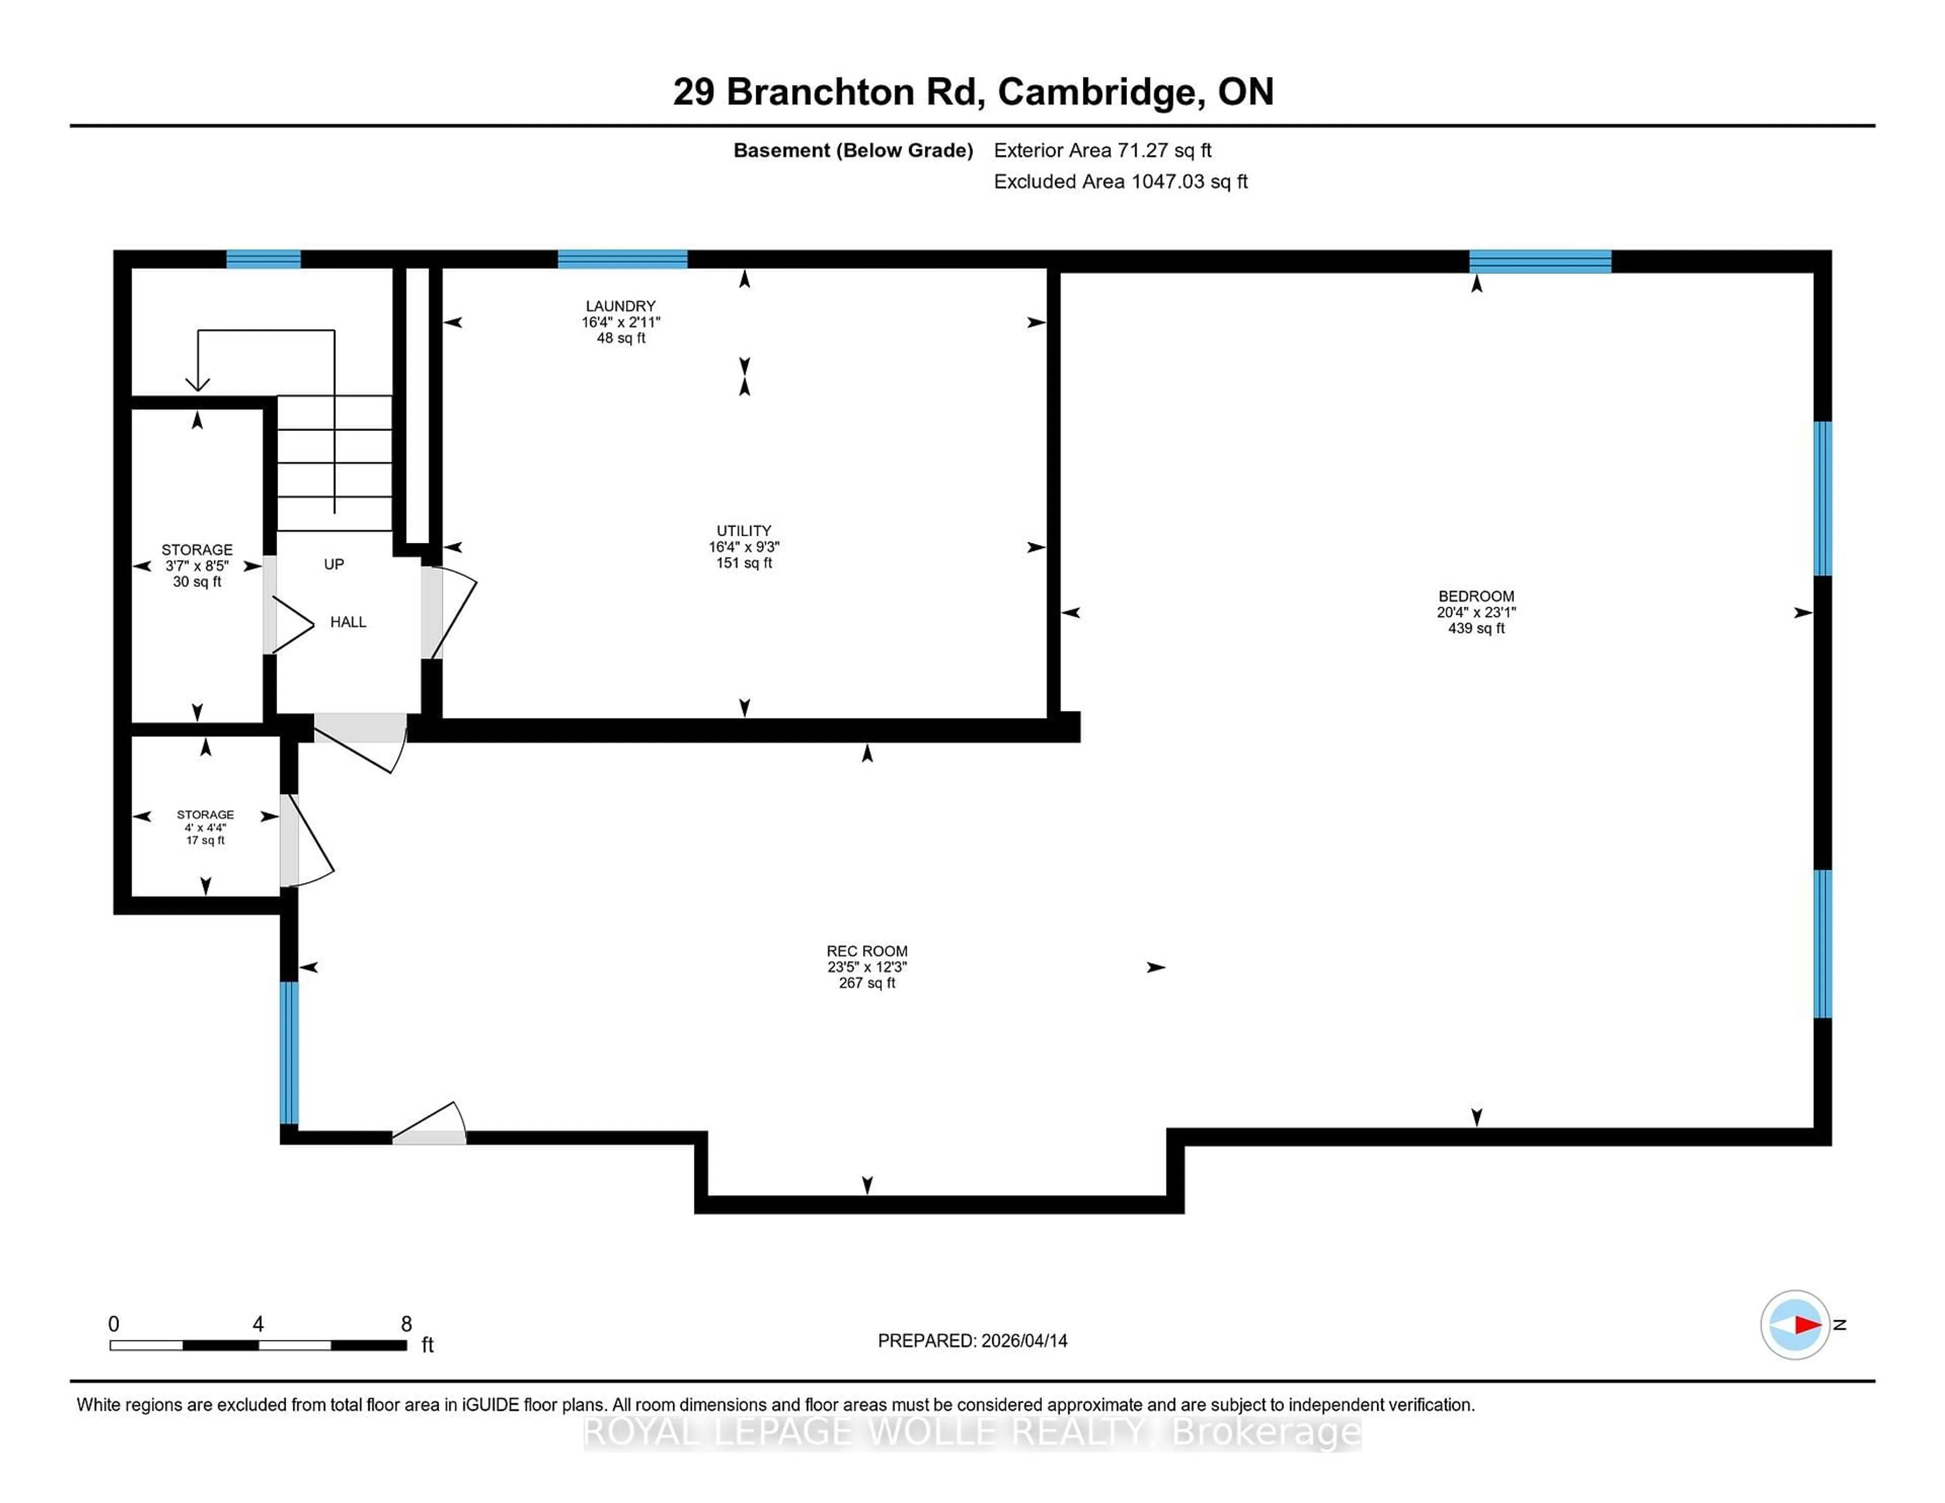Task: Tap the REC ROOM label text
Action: [x=867, y=951]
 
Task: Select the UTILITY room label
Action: [x=744, y=531]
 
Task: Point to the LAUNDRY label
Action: [x=620, y=305]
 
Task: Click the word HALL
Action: [x=348, y=621]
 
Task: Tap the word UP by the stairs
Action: [x=334, y=564]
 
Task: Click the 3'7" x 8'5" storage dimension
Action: [x=197, y=566]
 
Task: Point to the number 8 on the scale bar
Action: [x=406, y=1324]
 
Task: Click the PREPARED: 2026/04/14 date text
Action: [x=972, y=1340]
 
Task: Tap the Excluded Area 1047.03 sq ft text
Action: [x=1120, y=182]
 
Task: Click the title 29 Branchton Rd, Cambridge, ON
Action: [x=972, y=92]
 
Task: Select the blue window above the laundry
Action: [x=623, y=259]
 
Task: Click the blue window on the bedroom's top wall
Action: [x=1540, y=261]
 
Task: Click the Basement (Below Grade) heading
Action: [x=852, y=150]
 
